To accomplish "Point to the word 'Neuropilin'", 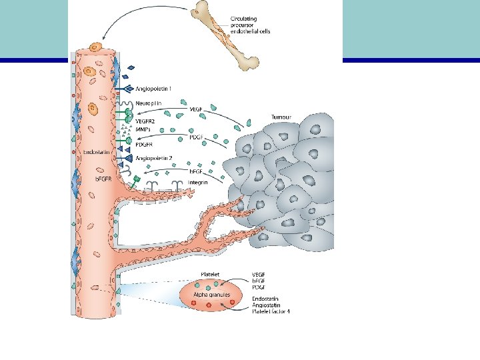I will (x=149, y=103).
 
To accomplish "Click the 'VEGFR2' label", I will (x=145, y=121).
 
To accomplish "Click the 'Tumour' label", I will (x=282, y=117).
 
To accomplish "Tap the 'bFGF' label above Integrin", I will (x=195, y=171).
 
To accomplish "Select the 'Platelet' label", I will (x=213, y=274).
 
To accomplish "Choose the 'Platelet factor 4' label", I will (x=271, y=311).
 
